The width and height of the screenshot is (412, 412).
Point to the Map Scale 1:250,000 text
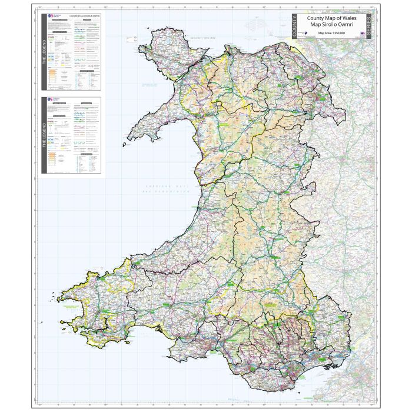pos(331,34)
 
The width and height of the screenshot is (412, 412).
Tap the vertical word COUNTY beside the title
pos(295,28)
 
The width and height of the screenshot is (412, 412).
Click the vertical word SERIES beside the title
pos(368,28)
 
